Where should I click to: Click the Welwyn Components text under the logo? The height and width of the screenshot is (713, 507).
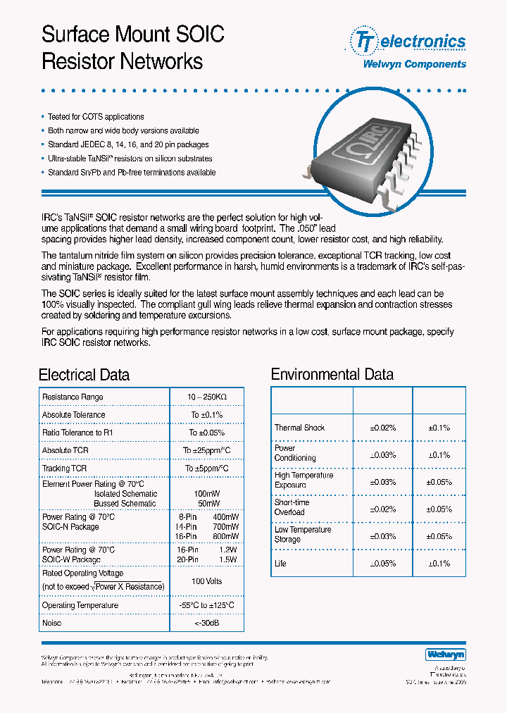click(414, 64)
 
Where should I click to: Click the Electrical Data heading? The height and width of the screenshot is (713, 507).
click(84, 375)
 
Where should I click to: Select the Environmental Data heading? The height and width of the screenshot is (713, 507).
click(332, 374)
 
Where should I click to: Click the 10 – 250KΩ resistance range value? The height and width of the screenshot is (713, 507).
click(206, 397)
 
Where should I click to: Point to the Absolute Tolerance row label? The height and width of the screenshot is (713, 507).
click(73, 415)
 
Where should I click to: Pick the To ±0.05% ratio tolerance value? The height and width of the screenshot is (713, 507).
click(206, 433)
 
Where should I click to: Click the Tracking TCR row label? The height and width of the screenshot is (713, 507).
click(64, 469)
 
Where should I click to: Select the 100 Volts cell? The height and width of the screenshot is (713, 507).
click(206, 581)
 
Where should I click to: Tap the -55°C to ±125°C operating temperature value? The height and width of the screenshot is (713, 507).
click(206, 605)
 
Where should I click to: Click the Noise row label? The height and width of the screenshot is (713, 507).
click(52, 623)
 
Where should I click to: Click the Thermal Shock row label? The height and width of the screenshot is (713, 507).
click(299, 428)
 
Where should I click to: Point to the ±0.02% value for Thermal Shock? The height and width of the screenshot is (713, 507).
click(382, 428)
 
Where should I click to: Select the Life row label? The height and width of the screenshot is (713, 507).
click(280, 564)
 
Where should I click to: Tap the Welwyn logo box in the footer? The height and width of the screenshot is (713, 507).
click(446, 655)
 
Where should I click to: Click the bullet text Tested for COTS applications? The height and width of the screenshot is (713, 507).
click(96, 117)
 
